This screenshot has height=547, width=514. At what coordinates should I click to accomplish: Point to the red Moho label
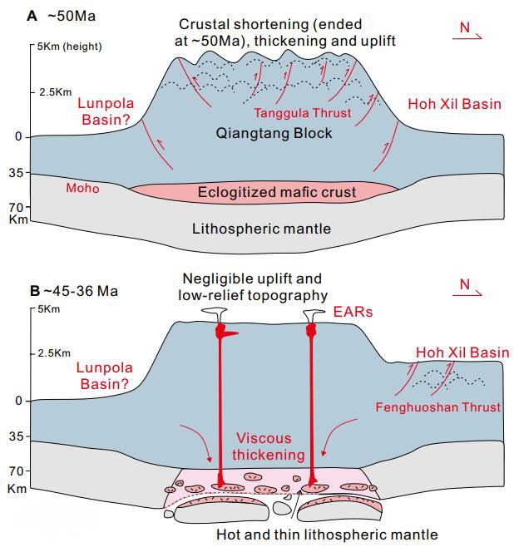(82, 189)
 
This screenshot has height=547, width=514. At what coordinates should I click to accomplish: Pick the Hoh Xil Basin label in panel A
(454, 104)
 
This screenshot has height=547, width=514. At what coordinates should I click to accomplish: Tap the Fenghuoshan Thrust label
(437, 407)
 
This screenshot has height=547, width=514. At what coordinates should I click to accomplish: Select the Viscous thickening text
(263, 446)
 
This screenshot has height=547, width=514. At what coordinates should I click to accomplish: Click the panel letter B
(34, 291)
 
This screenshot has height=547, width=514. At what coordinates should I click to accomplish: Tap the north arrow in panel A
(470, 32)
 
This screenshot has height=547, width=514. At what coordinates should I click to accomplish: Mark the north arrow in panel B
(470, 288)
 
